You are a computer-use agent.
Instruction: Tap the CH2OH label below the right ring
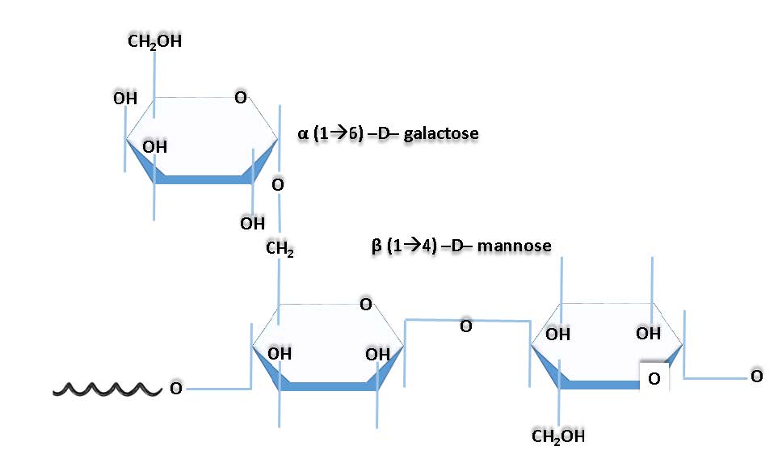coord(558,437)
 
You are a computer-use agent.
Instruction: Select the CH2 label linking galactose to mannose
coord(280,251)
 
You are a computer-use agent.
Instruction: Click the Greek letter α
coord(303,133)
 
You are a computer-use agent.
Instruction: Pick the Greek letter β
coord(376,244)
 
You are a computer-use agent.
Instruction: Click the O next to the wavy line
coord(175,389)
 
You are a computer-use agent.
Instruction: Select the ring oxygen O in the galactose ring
coord(240,98)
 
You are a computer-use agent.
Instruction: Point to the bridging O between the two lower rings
coord(465,326)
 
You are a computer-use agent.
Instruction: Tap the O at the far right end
coord(756,376)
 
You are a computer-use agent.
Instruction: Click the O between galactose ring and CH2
coord(277,185)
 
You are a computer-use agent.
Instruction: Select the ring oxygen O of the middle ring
coord(365,305)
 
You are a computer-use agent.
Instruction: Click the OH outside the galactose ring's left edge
coord(124,99)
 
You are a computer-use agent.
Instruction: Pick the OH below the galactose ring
coord(252,222)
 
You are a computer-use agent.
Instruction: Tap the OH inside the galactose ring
coord(155,147)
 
